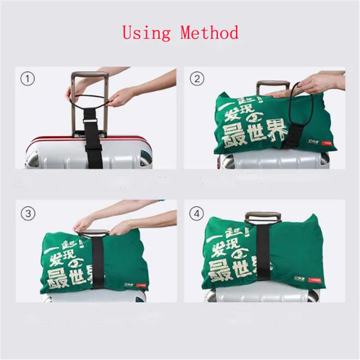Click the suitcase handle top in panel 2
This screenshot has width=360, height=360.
click(x=273, y=84)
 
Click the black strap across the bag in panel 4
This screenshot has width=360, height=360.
click(x=263, y=256)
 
